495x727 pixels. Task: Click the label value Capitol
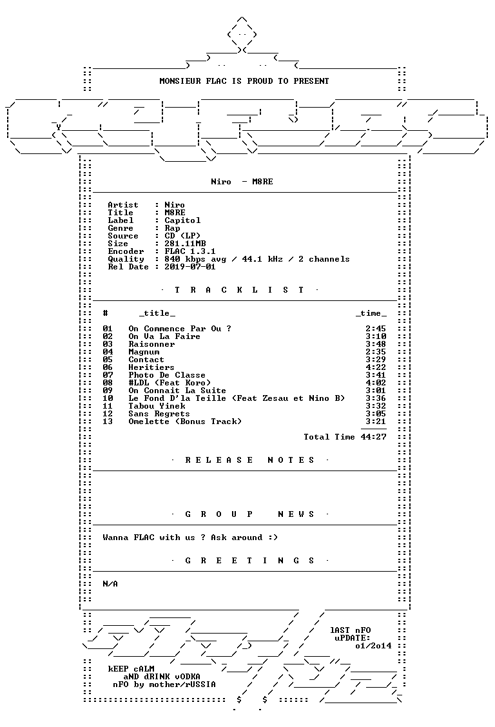pos(182,220)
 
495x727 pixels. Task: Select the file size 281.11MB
pos(185,244)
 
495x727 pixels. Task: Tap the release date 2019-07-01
pos(190,267)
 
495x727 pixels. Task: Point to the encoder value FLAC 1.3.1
pos(190,251)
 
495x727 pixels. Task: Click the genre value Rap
pos(173,228)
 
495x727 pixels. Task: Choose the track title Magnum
pos(144,352)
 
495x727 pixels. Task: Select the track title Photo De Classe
pos(167,375)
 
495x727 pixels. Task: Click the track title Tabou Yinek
pos(157,406)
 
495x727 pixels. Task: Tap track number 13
pos(108,422)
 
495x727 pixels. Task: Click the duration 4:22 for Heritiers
pos(375,367)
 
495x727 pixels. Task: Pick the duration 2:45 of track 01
pos(375,329)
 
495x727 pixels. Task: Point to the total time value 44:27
pos(373,437)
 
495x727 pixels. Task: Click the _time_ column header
pos(371,313)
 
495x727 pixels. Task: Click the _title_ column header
pos(157,313)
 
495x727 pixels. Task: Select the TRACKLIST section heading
pos(239,290)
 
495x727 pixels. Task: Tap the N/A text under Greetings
pos(110,584)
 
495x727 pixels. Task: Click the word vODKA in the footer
pos(188,677)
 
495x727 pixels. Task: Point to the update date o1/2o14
pos(373,646)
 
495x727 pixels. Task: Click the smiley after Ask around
pos(273,538)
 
